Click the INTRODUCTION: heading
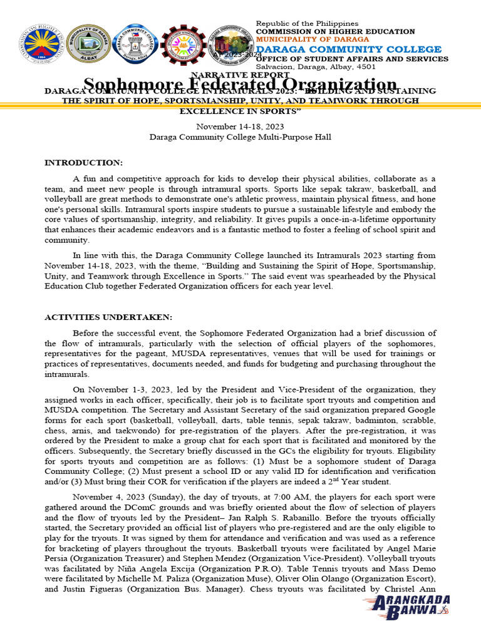pyautogui.click(x=83, y=163)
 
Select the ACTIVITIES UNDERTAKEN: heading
pyautogui.click(x=108, y=317)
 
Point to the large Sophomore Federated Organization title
pyautogui.click(x=240, y=85)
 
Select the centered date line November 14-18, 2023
pyautogui.click(x=240, y=126)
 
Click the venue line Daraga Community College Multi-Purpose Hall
pyautogui.click(x=240, y=136)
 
